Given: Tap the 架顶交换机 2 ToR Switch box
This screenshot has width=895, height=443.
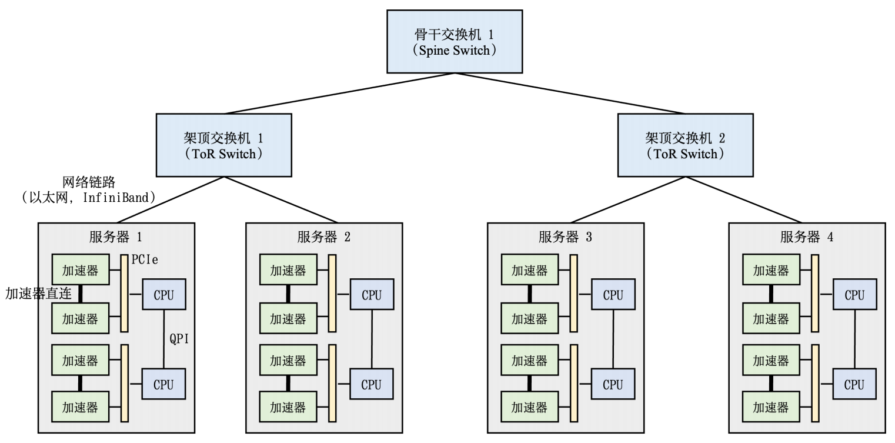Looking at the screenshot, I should coord(684,145).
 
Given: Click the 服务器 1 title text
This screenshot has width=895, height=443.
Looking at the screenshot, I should coord(115,237).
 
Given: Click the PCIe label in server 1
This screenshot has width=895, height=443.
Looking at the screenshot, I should coord(143,259).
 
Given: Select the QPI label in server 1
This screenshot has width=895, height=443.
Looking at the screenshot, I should coord(179,339).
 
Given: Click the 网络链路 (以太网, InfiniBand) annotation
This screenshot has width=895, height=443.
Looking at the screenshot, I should coord(88,190).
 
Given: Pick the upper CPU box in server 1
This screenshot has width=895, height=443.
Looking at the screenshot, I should coord(163,295).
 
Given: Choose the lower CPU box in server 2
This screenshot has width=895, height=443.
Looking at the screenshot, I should coord(371,384).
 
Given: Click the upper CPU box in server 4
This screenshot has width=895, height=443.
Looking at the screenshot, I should coord(854,295).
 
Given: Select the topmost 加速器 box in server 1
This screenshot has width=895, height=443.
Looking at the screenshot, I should coord(80,270).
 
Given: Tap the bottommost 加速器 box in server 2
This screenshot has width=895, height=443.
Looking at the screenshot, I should coord(288,408).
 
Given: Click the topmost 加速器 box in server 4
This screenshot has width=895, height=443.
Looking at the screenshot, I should coord(771,270).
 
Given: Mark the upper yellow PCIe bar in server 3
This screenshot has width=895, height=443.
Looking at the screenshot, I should coord(573,294).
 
